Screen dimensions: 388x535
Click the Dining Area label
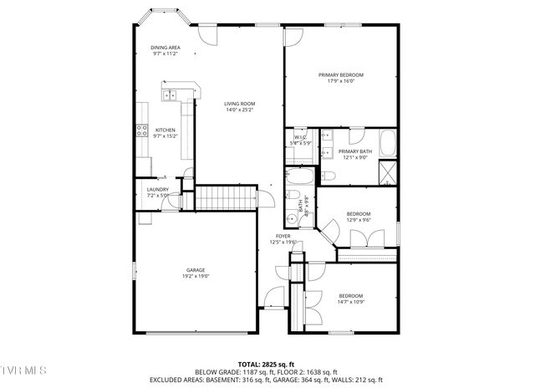tap(165, 48)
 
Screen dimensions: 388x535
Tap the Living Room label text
tap(238, 103)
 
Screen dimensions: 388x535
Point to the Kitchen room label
tap(165, 130)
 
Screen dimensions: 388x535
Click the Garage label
tap(196, 270)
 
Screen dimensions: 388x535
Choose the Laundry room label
tap(158, 189)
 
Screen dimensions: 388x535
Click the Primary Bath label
tap(354, 151)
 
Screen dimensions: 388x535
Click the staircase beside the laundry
tap(224, 199)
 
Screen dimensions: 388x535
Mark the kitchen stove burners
tap(142, 130)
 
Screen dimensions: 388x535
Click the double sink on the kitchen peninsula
tap(170, 94)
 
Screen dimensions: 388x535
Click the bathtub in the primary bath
tap(388, 143)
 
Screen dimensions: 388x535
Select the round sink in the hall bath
tap(293, 218)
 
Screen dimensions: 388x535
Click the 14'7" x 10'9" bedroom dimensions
tap(350, 300)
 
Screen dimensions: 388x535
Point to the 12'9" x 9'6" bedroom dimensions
tap(359, 219)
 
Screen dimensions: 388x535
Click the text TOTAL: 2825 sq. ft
tap(266, 365)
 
